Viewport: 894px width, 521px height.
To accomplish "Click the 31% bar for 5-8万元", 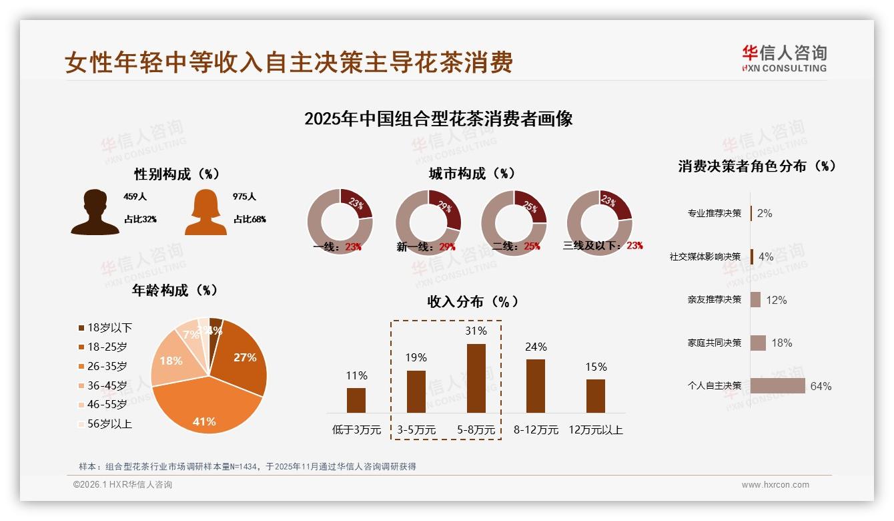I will click(476, 378).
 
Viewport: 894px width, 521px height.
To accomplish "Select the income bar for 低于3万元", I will click(356, 400).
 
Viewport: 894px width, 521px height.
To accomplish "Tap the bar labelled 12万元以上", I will click(596, 396).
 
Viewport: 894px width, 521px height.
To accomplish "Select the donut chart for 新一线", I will click(428, 221).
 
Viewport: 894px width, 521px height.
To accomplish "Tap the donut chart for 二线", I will click(514, 221).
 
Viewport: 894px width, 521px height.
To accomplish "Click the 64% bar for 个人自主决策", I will click(778, 386).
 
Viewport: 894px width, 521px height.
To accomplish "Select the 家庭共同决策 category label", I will click(715, 343).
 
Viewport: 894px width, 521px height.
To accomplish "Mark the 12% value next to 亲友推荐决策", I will click(777, 300).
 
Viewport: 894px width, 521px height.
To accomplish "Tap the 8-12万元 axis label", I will click(536, 430).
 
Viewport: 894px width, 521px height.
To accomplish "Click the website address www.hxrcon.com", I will click(775, 485).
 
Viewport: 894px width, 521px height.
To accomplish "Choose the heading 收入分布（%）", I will click(473, 301).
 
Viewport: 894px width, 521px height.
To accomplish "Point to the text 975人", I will click(244, 197).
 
